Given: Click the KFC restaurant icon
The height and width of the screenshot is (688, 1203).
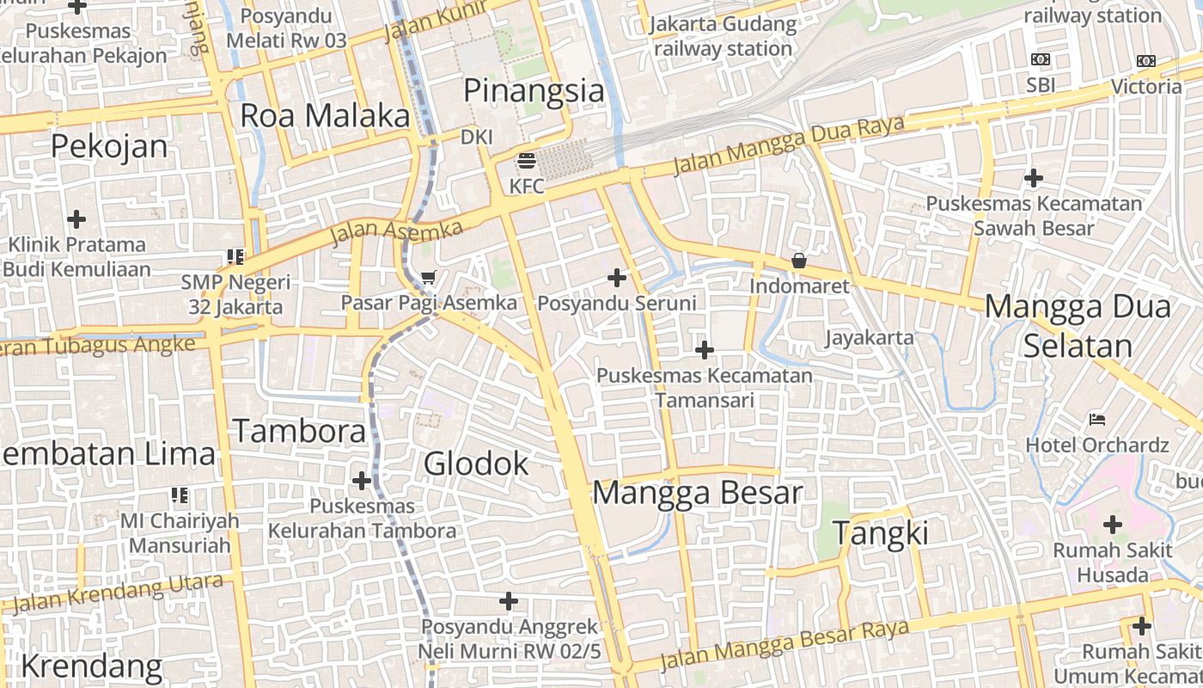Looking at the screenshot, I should click(526, 161).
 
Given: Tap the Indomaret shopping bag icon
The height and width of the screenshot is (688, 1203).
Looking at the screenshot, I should click(799, 260).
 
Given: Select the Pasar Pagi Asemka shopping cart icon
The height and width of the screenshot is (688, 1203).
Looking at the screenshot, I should click(429, 277).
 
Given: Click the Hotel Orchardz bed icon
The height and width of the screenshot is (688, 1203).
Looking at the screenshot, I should click(1097, 420).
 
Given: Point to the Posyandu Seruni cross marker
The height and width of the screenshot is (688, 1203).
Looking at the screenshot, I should click(617, 278).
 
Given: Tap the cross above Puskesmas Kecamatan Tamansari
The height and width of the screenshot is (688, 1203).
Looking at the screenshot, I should click(705, 350).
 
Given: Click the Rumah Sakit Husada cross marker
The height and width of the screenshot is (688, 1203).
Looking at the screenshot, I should click(1113, 525).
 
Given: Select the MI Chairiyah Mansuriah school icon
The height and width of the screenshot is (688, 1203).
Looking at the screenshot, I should click(180, 495).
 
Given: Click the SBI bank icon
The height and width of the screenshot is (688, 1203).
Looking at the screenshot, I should click(1041, 59).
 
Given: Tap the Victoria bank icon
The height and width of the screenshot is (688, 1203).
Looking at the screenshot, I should click(1146, 61).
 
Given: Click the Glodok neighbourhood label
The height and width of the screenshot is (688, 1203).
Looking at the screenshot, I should click(476, 464).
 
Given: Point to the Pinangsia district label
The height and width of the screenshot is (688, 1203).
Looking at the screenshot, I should click(534, 90).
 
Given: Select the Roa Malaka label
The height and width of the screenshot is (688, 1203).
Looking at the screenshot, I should click(324, 115).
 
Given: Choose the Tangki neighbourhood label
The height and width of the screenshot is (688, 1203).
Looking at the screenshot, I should click(881, 533).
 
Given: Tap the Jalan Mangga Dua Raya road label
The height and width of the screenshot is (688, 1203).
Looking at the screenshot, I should click(788, 144).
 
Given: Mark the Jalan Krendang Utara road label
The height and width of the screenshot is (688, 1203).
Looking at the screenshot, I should click(118, 593).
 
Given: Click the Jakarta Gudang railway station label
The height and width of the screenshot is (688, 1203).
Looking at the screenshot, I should click(723, 36).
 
